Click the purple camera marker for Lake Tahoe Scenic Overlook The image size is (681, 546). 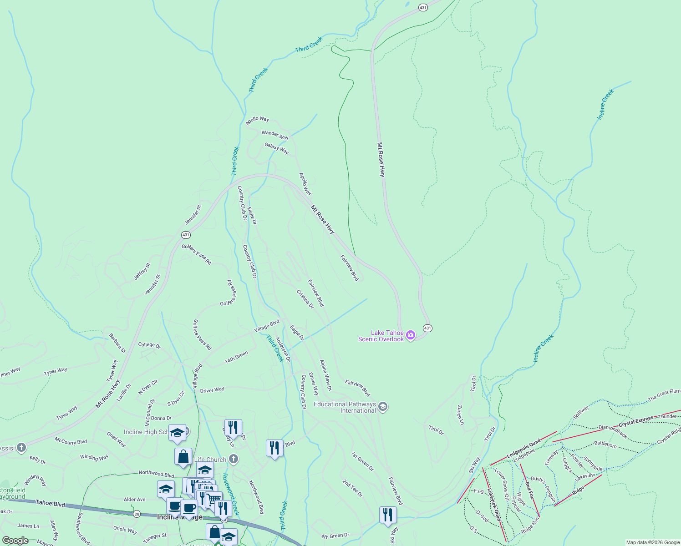(x=411, y=335)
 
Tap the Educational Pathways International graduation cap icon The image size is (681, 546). (x=383, y=407)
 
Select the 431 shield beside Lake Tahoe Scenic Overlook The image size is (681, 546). (x=427, y=328)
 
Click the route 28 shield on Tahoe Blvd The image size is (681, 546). (x=137, y=514)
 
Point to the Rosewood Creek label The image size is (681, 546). (x=230, y=494)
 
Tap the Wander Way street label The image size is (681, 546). (x=275, y=135)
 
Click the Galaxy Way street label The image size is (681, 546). (x=276, y=148)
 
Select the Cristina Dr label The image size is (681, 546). (x=305, y=299)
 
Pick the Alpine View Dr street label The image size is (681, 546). (x=325, y=375)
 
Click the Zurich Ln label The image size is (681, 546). (x=461, y=415)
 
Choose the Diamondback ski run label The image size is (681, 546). (x=613, y=431)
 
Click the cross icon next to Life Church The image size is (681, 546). (x=234, y=459)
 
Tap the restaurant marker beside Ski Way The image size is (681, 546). (x=387, y=515)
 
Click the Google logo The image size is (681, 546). (x=15, y=541)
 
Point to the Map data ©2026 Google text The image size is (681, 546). (x=652, y=542)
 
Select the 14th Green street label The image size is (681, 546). (x=236, y=357)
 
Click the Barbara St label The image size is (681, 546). (x=117, y=344)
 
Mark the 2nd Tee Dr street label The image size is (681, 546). (x=352, y=488)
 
